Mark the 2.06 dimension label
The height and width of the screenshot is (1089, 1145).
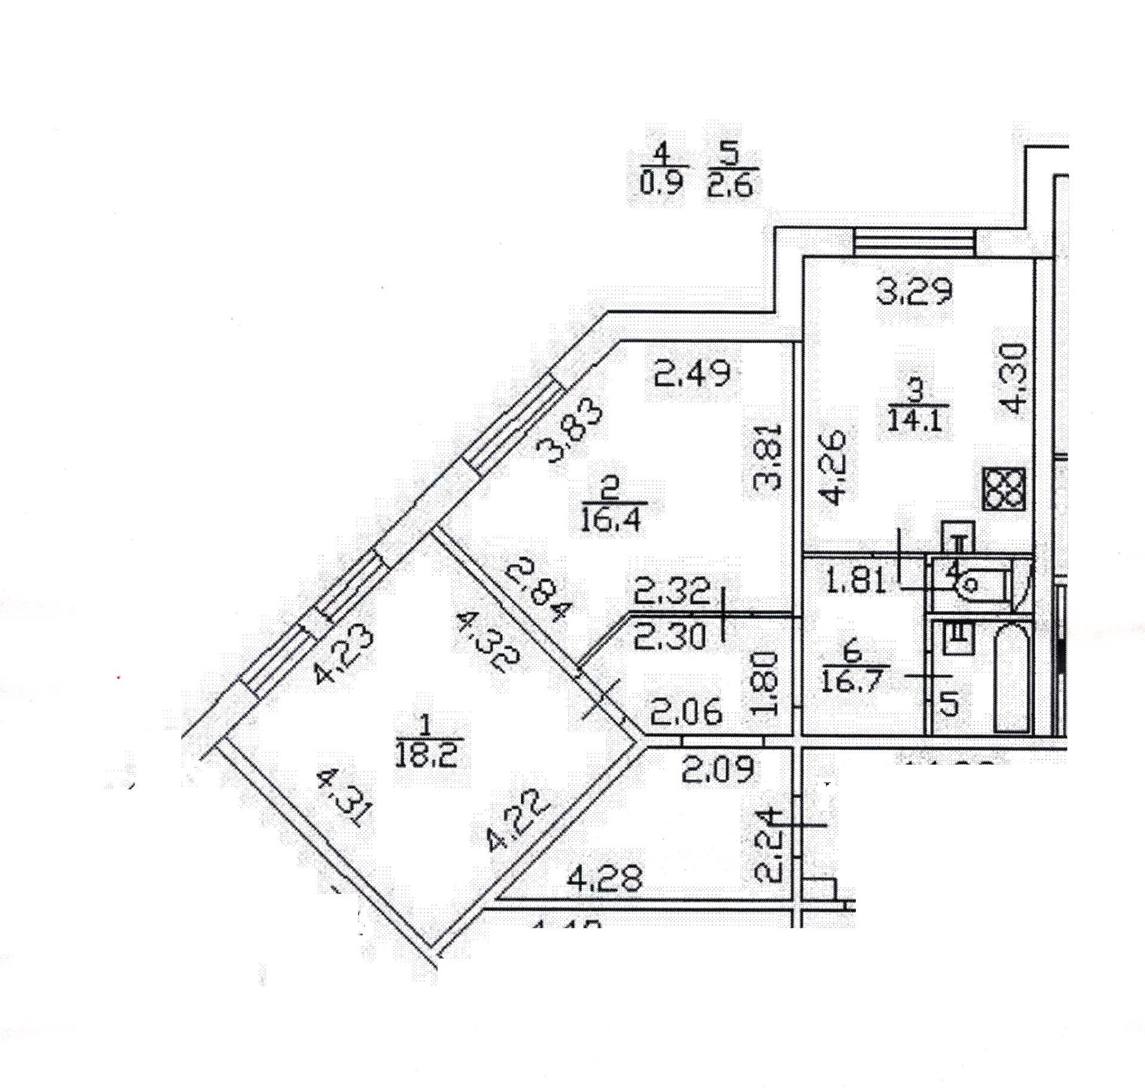(x=686, y=713)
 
